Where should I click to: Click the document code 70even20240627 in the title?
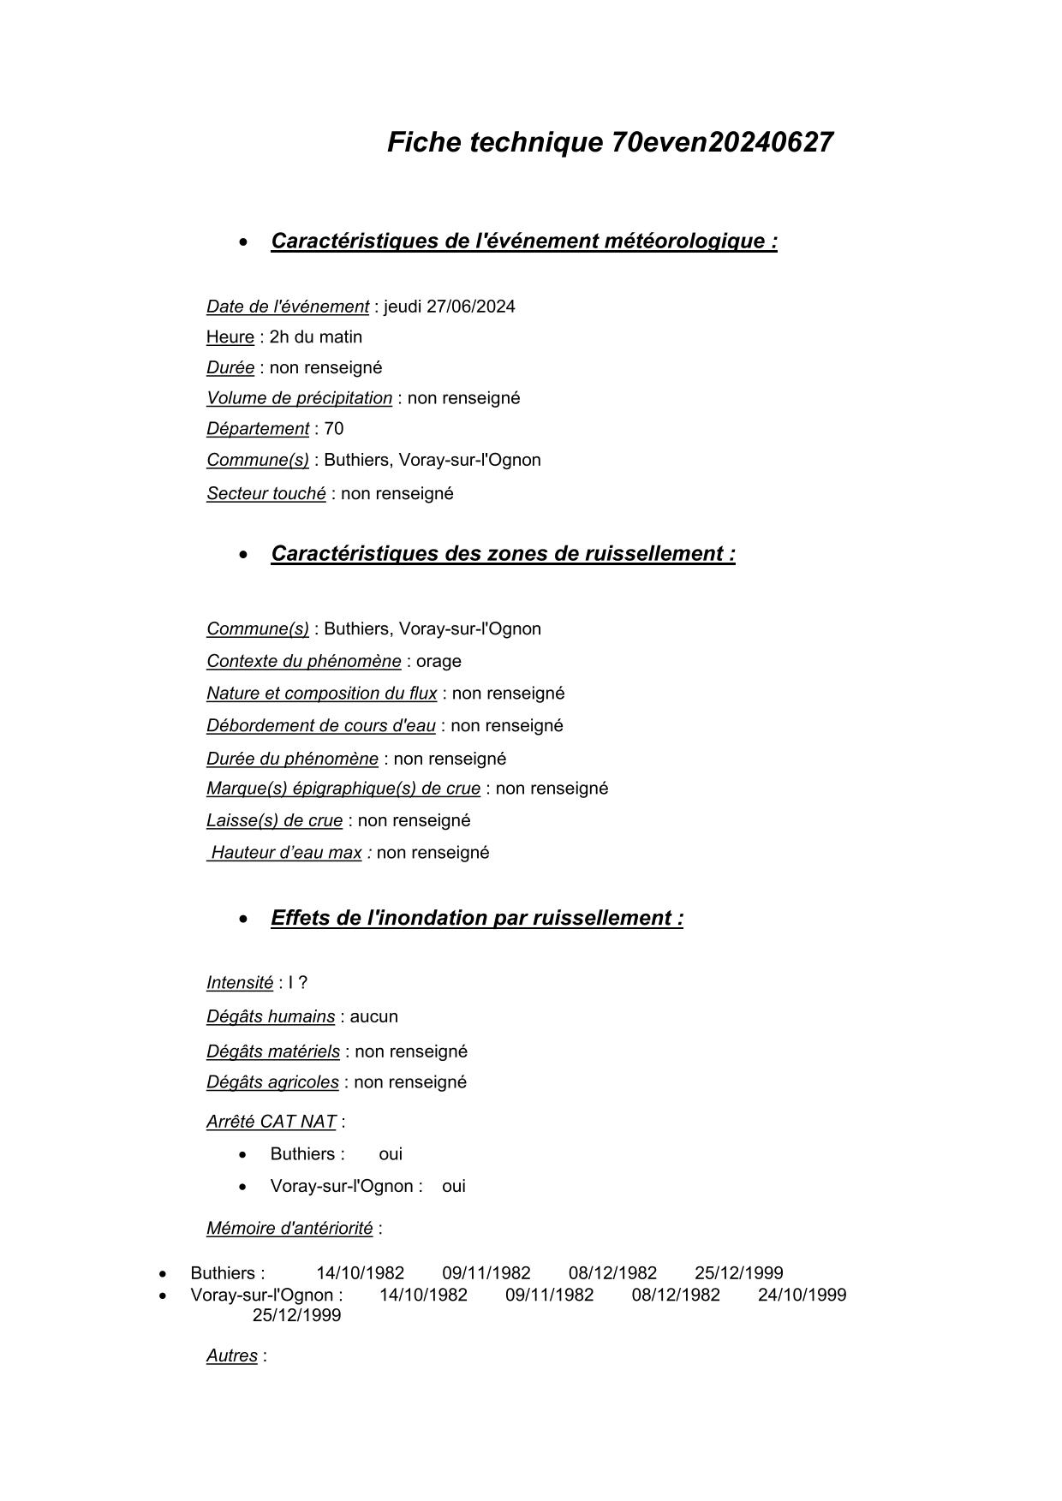[x=722, y=142]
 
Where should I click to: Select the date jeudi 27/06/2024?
[x=450, y=307]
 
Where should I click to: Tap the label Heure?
[x=230, y=337]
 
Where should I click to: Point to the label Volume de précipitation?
[x=299, y=398]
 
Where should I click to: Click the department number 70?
[x=334, y=429]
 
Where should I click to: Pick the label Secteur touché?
[x=265, y=494]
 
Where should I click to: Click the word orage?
[x=439, y=662]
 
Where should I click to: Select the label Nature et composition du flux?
[x=321, y=694]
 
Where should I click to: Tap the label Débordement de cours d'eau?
[x=320, y=726]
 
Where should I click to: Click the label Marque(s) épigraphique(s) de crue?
[x=343, y=789]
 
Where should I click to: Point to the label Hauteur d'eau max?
[x=286, y=853]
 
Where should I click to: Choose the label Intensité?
[x=239, y=983]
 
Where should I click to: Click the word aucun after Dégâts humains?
[x=373, y=1017]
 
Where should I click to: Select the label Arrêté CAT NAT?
[x=271, y=1122]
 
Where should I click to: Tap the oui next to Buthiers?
[x=391, y=1154]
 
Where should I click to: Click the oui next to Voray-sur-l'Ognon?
[x=454, y=1187]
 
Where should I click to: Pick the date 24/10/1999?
[x=802, y=1295]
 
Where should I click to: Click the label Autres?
[x=231, y=1356]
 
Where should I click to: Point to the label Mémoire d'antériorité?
[x=289, y=1229]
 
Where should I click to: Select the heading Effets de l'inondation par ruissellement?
[x=476, y=918]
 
